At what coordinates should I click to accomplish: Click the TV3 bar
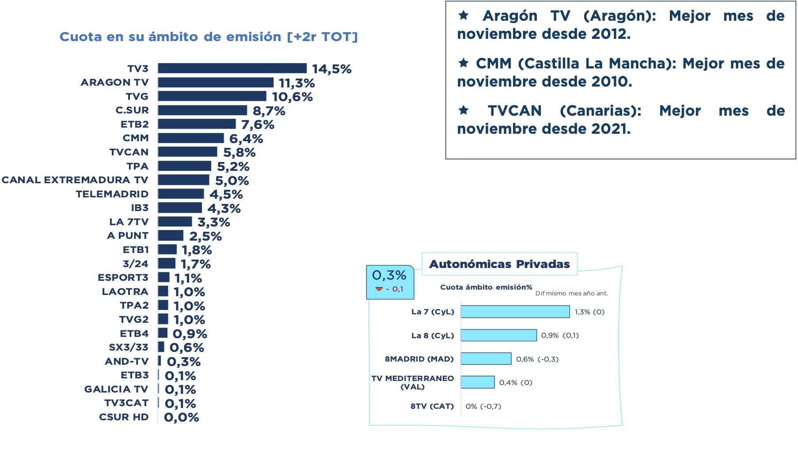232,68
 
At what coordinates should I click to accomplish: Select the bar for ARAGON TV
216,83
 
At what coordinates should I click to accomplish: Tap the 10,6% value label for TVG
292,97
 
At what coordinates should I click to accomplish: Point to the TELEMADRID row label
112,194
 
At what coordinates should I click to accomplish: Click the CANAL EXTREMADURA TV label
75,180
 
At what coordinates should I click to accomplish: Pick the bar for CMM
191,138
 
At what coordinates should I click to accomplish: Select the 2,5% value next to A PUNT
205,236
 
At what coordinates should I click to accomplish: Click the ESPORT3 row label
123,278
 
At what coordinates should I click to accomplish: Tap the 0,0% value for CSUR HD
181,417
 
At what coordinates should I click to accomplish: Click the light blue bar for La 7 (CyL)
515,312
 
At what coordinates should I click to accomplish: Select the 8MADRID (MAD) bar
486,359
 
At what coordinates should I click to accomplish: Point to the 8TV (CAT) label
432,406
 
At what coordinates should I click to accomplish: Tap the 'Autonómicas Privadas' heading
499,264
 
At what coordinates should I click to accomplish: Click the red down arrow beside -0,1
379,289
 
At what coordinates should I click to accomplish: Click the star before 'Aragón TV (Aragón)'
463,16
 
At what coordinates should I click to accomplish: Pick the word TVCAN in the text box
514,111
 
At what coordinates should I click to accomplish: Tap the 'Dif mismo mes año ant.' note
571,293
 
